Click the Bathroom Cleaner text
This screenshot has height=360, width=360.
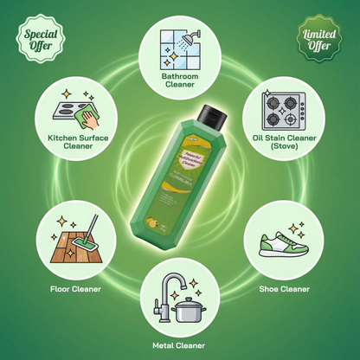180,80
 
